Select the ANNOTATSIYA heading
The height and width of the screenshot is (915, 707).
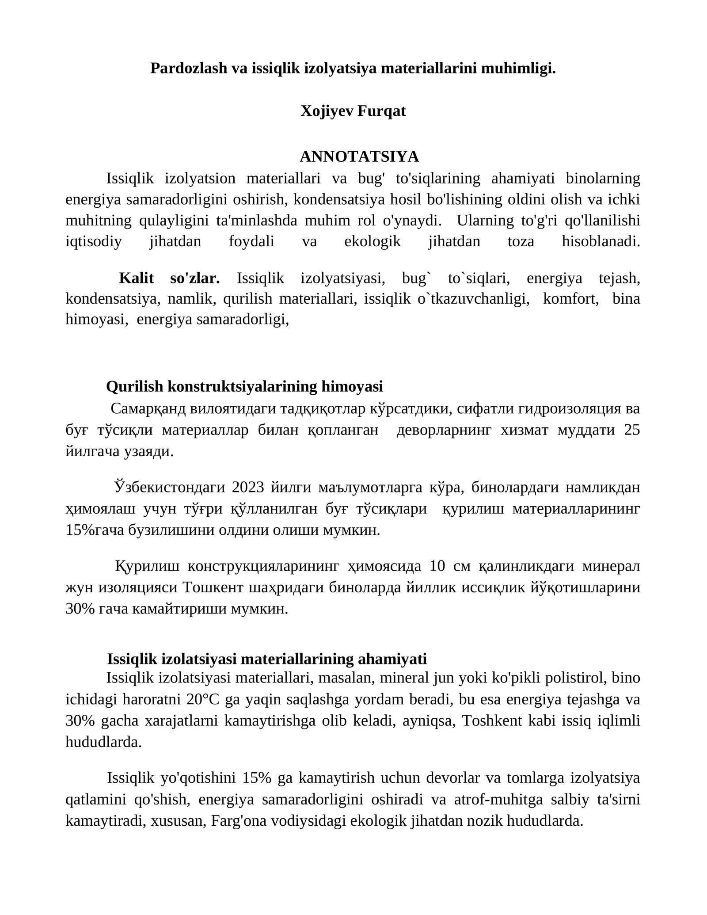click(359, 156)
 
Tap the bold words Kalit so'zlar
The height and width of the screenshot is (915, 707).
click(169, 278)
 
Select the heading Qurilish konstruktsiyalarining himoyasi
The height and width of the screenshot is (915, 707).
click(244, 387)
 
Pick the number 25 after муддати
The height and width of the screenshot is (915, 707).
click(632, 430)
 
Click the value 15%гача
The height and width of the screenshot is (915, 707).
click(95, 530)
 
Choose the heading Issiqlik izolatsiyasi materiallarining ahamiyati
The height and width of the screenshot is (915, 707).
click(267, 659)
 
